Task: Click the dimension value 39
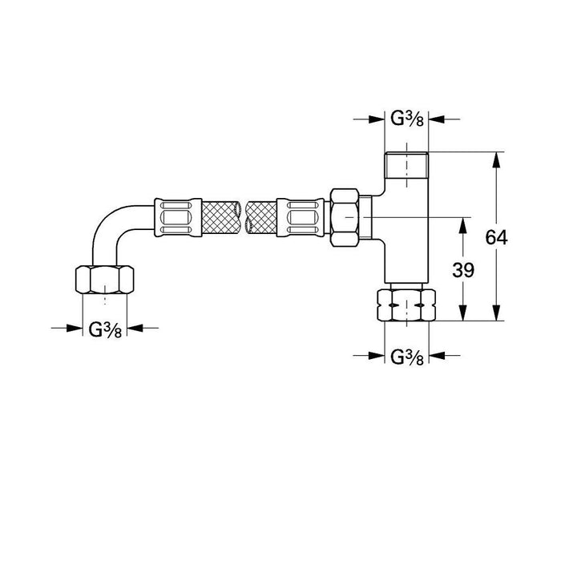tap(462, 270)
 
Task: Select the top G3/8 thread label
tap(407, 119)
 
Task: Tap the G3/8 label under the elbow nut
tap(105, 328)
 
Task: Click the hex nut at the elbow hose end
tap(105, 279)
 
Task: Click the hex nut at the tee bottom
tap(407, 305)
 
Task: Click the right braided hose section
tap(264, 216)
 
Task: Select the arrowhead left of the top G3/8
tap(378, 119)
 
